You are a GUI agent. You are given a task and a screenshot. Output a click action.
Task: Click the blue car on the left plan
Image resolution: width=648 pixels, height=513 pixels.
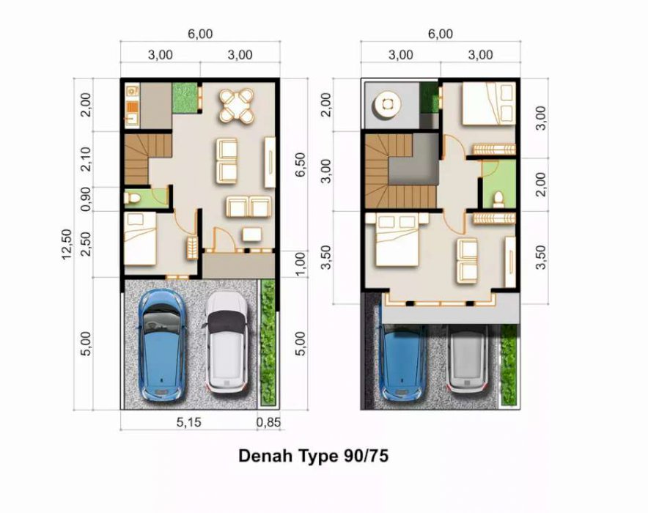click(161, 345)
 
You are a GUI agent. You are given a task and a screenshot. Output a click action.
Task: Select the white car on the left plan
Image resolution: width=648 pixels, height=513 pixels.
click(227, 342)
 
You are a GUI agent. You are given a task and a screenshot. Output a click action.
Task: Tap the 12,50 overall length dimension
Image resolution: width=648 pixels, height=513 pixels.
click(67, 244)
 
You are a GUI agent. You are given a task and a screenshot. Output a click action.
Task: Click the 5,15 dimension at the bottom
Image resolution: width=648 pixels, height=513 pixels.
click(189, 422)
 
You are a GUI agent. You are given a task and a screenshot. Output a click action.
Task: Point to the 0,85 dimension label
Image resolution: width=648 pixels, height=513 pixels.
click(268, 422)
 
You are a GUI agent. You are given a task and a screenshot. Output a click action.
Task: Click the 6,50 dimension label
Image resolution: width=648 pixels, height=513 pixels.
click(301, 164)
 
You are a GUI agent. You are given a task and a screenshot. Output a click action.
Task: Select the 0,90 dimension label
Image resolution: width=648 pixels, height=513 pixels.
click(86, 199)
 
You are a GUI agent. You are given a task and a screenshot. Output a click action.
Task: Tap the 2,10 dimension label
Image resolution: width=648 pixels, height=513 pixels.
click(86, 159)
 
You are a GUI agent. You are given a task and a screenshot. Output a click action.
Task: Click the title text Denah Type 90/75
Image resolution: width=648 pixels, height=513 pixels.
click(314, 456)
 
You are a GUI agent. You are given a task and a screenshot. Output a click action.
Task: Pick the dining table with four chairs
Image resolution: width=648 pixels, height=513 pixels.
click(236, 106)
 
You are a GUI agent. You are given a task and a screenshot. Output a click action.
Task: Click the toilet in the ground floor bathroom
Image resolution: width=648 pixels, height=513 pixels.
click(133, 199)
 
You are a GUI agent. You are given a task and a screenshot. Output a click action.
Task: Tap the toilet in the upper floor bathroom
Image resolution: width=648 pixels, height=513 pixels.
click(498, 199)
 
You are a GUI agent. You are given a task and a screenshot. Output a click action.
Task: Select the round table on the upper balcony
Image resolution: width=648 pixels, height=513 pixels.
click(387, 105)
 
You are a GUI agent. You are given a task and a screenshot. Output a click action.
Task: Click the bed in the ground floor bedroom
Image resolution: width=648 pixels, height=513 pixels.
click(140, 239)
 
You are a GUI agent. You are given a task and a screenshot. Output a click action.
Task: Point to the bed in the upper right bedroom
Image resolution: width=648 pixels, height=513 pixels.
click(489, 103)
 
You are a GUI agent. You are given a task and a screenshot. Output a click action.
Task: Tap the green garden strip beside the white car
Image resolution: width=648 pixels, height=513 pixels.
click(268, 342)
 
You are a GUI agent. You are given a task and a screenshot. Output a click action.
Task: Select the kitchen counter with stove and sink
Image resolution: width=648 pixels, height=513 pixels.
click(132, 106)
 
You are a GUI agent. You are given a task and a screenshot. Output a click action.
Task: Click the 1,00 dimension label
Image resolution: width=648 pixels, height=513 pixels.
click(301, 264)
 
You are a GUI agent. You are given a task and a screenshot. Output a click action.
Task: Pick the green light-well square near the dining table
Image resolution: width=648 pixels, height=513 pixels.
click(184, 98)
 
